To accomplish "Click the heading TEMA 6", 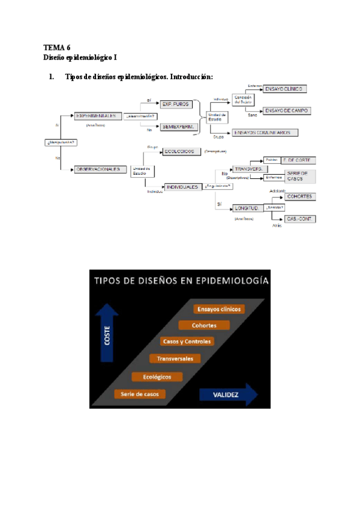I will click(x=57, y=47).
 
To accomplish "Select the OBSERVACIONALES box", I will click(x=100, y=169).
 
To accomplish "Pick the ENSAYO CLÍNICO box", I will click(x=285, y=89).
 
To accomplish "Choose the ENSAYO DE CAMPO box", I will click(x=287, y=110).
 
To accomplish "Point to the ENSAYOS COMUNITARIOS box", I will click(x=263, y=132).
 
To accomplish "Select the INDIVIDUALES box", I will click(x=183, y=187).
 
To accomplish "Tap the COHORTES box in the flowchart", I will click(x=301, y=197).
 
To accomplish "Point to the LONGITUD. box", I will click(x=247, y=208).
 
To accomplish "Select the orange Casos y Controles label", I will click(x=187, y=342).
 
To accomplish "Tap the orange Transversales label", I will click(x=175, y=358).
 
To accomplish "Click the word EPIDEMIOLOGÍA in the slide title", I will click(x=231, y=280).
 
